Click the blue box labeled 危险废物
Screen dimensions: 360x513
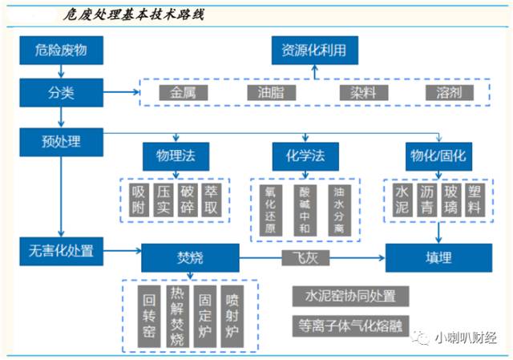coord(61,51)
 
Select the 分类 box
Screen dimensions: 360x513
coord(61,92)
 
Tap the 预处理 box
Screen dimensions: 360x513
coord(61,142)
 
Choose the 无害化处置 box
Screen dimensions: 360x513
coord(61,250)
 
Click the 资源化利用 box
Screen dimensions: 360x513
coord(313,51)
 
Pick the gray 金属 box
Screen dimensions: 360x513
coord(183,92)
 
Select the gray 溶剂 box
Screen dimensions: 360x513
coord(450,92)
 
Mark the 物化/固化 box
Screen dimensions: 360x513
coord(438,153)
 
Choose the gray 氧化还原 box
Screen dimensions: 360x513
coord(269,209)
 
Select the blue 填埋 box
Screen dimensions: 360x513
coord(438,259)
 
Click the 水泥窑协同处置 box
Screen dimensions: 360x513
coord(350,294)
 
